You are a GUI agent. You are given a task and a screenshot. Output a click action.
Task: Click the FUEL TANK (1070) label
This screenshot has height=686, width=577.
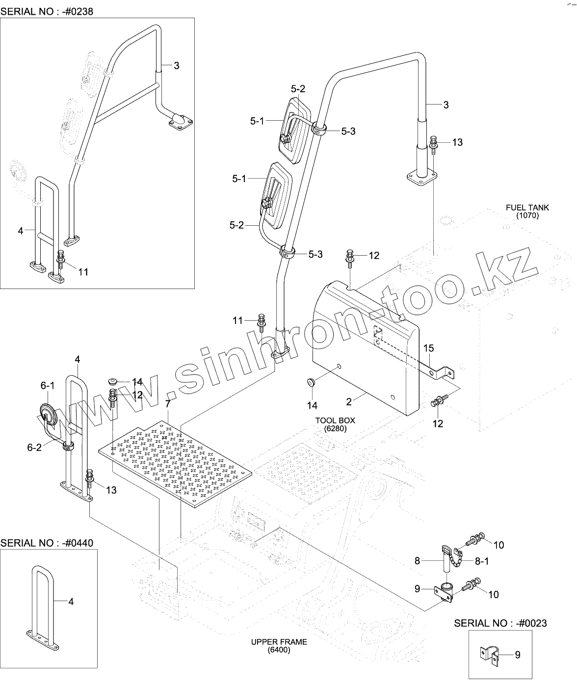527,211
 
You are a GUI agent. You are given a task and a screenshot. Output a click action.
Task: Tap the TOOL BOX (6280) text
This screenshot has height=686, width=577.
335,424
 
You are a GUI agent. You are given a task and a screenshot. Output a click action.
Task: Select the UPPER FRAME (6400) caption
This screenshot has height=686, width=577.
279,646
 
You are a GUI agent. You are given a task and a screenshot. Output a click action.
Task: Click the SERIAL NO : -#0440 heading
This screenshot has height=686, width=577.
46,543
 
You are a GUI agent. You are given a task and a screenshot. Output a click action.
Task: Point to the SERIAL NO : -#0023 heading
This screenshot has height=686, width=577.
500,623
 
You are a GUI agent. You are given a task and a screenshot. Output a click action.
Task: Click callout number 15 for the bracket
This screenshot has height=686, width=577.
428,348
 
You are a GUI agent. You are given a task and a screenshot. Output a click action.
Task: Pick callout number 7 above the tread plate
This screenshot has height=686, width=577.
168,404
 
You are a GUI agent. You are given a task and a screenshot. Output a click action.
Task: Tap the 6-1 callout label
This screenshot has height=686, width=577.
48,386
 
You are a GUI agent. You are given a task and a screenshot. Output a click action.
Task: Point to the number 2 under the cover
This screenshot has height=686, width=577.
349,402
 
